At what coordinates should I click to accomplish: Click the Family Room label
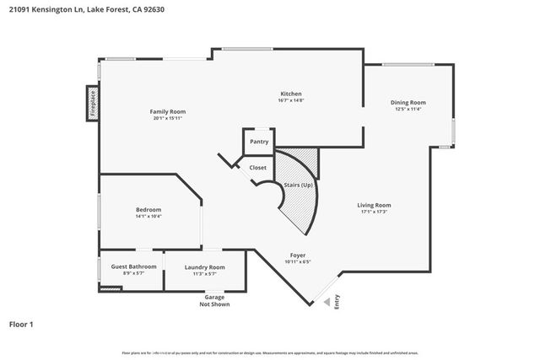coord(168,111)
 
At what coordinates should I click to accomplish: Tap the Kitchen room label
coord(290,94)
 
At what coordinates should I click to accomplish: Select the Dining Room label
coord(407,102)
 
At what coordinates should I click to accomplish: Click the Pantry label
coord(259,142)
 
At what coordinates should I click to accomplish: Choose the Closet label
coord(258,168)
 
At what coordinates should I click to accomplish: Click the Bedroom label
coord(148,209)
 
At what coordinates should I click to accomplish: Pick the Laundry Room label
coord(205,267)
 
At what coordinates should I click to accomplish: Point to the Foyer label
coord(298,255)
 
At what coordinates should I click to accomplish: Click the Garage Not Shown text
coord(214,300)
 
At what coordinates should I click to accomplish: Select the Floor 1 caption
coord(21,324)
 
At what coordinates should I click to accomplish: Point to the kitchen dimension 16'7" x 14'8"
coord(290,101)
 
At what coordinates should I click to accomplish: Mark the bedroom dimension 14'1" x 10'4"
coord(148,217)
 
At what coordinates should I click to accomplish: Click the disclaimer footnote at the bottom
coord(270,353)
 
